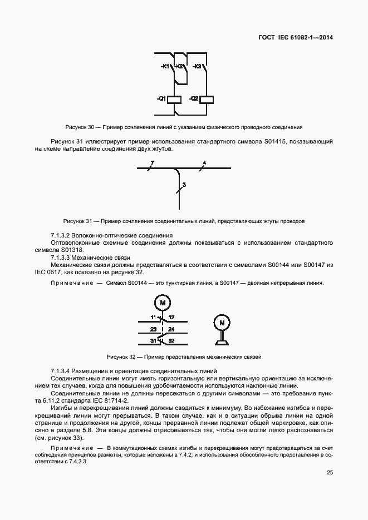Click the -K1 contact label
click(165, 67)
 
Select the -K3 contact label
click(197, 67)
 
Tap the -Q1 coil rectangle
click(175, 99)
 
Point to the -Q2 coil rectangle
click(207, 99)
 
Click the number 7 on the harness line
click(152, 162)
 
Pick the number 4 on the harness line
click(204, 162)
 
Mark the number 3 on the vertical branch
click(184, 184)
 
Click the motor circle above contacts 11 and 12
click(163, 303)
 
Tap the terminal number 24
click(171, 329)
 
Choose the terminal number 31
click(153, 341)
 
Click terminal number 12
click(171, 317)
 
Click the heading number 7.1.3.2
click(62, 235)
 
